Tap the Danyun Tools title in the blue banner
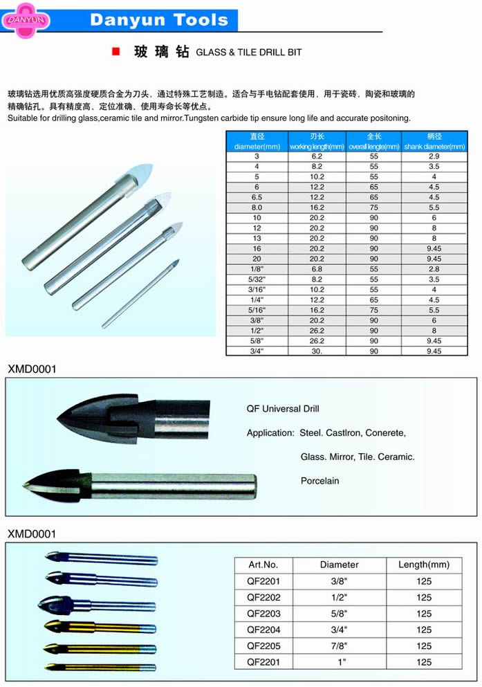(x=159, y=20)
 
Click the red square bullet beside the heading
(x=115, y=52)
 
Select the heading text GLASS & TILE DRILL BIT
(x=248, y=53)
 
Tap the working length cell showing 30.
(x=317, y=351)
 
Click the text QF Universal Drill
(x=283, y=409)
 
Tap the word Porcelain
(x=319, y=481)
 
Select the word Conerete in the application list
(x=384, y=433)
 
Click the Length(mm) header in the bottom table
(x=424, y=565)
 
